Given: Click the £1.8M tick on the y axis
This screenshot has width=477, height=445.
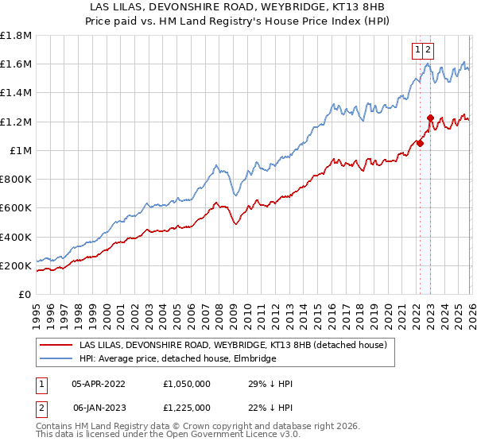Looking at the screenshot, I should tap(16, 36).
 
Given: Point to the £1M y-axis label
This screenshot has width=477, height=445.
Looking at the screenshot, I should tap(21, 151).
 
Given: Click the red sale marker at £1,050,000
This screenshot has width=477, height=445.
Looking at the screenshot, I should tap(420, 144).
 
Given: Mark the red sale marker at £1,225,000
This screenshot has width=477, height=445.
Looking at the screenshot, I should tap(430, 118).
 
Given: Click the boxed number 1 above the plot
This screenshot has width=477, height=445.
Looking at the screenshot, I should tap(417, 49).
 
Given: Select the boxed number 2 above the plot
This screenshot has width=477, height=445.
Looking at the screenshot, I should tap(429, 49).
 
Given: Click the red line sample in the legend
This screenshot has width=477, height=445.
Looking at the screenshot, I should tap(57, 345).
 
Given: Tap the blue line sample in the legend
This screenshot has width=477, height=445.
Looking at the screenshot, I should tap(57, 359).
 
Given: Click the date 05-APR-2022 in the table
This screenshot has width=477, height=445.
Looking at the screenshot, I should tap(99, 384).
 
